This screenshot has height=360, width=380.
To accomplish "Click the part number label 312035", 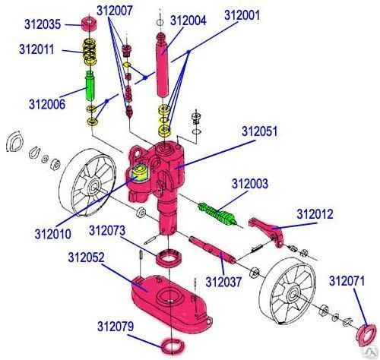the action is pos(43,24).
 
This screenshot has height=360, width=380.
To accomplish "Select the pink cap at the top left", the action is pos(89,24).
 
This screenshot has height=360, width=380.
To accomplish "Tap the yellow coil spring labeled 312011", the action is pos(90,52).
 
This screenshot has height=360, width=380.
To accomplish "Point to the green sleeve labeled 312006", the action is pos(90,86).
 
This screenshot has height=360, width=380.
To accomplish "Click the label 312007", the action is pos(115,11).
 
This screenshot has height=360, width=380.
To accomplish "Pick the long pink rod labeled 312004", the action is pos(163,65).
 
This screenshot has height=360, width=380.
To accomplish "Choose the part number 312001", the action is pos(242,15).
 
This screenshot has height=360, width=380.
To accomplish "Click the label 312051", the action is pos(260,131).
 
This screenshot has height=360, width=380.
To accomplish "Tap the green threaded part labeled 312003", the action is pos(217,213).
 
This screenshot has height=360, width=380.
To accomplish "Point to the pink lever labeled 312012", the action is pos(268,232).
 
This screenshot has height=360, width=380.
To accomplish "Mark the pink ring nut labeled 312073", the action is pos(169,258).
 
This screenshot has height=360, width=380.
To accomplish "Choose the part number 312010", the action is pos(52,234).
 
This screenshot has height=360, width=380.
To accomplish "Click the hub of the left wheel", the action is pos(94,187).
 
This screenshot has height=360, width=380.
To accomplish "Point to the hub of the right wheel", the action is pos(293,295).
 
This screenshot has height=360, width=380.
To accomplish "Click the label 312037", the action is pos(223,282).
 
